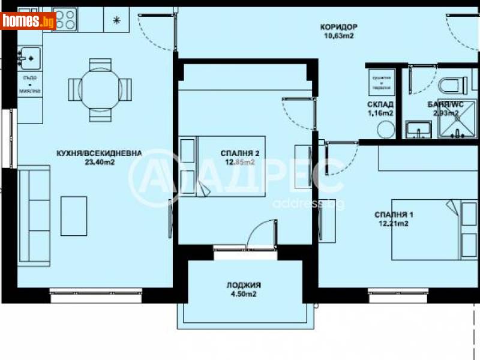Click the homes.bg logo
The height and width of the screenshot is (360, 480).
click(29, 20)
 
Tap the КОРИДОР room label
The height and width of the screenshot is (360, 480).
click(339, 26)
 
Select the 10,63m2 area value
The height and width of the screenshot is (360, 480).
click(338, 35)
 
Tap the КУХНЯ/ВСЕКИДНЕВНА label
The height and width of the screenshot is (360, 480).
click(96, 154)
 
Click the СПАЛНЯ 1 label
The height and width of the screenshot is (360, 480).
click(394, 214)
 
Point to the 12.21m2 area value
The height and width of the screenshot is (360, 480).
click(394, 223)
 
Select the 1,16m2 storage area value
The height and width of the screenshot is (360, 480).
click(380, 113)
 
